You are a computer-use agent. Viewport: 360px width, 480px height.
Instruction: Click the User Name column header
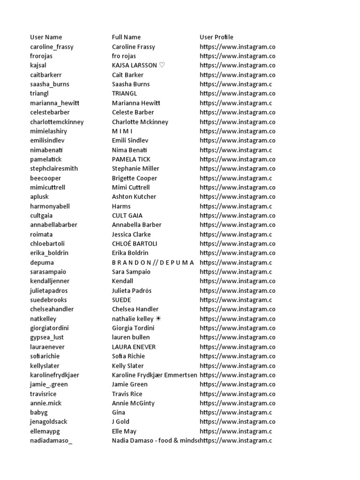point(46,37)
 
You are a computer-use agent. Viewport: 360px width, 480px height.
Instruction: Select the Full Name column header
point(126,37)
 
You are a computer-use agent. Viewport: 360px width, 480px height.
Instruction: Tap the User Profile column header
point(216,37)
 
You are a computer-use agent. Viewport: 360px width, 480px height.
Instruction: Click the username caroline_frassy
point(52,46)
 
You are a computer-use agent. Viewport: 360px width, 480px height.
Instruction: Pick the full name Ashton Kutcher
point(134,196)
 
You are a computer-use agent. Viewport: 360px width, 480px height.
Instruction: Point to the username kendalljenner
point(50,281)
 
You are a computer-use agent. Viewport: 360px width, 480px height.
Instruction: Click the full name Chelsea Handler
point(135,309)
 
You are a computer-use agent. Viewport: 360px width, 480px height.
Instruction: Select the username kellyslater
point(45,366)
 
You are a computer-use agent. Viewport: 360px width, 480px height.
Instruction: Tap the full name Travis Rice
point(127,394)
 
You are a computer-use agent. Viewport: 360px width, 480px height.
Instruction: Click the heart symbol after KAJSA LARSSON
point(162,65)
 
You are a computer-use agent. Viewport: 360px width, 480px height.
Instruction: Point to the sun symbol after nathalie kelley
point(158,319)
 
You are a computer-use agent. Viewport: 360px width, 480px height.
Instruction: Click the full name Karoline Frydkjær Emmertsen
point(155,375)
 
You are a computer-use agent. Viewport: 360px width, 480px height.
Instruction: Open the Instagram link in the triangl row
point(237,93)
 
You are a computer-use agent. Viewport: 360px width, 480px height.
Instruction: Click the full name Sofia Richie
point(128,356)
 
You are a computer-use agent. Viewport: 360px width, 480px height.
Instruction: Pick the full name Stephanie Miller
point(135,168)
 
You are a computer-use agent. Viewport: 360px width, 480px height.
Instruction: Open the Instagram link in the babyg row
point(236,412)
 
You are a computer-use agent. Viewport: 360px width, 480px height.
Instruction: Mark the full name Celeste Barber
point(133,112)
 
